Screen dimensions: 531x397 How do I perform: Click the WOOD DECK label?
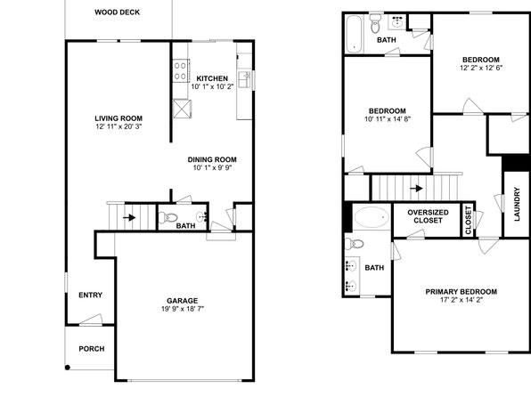click(x=118, y=12)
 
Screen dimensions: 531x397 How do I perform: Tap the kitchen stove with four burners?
click(x=181, y=70)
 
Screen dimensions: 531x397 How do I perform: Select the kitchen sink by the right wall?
click(x=244, y=79)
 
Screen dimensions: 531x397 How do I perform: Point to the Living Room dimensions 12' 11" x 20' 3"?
click(x=118, y=126)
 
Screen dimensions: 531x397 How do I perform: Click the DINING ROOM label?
click(x=212, y=159)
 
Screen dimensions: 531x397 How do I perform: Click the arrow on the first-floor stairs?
click(x=129, y=217)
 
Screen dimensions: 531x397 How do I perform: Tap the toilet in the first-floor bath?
click(x=168, y=217)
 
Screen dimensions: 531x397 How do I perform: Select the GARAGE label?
click(x=182, y=301)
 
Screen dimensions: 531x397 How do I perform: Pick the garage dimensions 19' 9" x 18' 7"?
click(x=183, y=309)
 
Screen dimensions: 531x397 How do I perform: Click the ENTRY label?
click(x=90, y=296)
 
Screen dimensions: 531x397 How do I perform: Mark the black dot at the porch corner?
click(x=68, y=368)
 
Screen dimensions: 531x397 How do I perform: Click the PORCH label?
click(x=92, y=349)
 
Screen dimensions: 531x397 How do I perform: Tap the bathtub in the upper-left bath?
click(x=354, y=34)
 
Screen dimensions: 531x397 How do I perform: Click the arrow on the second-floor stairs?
click(x=417, y=188)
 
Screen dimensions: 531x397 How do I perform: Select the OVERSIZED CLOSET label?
click(x=428, y=216)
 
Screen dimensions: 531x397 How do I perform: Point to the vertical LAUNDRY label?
click(x=517, y=204)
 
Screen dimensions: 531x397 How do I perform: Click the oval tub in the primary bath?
click(x=372, y=217)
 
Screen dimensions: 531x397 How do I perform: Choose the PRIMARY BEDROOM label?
click(x=462, y=292)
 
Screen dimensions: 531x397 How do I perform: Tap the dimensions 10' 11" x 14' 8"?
click(x=388, y=119)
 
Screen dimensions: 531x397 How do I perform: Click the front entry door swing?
click(x=92, y=320)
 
